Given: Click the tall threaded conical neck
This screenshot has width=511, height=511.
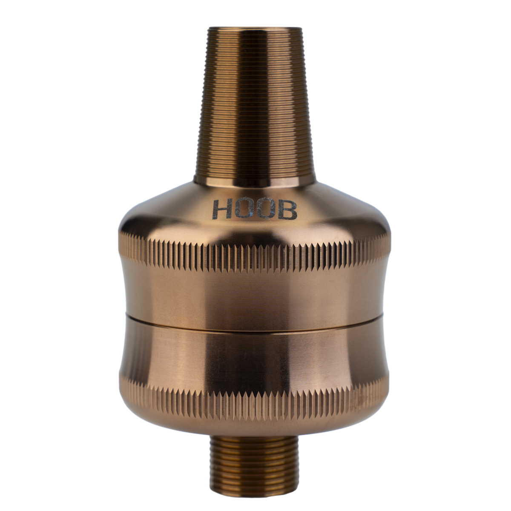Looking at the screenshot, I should click(x=255, y=102).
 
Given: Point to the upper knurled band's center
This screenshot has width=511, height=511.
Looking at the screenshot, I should click(x=255, y=256).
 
